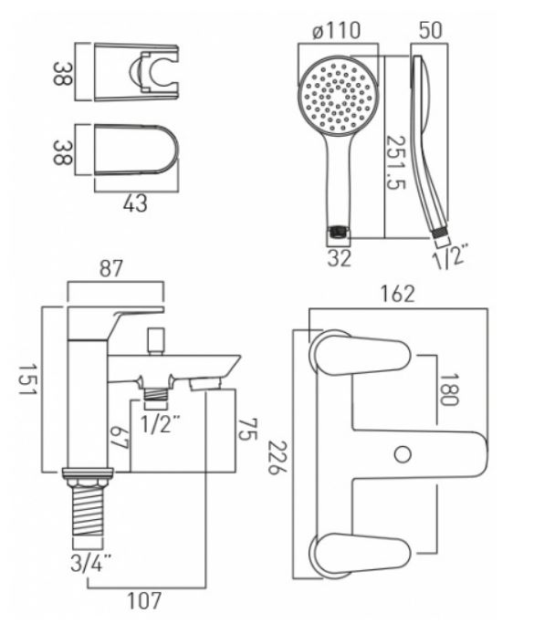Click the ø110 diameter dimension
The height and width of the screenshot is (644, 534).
coord(337,31)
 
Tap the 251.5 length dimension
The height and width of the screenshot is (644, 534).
coord(396,162)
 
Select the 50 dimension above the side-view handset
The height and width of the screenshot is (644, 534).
coord(431,30)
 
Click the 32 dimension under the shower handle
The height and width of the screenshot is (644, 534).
coord(340,258)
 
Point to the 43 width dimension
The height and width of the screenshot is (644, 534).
coord(135,203)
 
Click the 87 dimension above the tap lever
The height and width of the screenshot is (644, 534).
coord(111,269)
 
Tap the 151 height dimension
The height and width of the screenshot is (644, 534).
coord(27,379)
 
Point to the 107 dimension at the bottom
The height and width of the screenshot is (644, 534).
coord(144,601)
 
